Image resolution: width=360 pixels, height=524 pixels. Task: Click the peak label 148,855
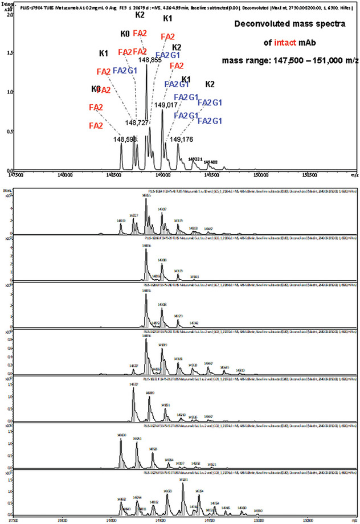[150, 59]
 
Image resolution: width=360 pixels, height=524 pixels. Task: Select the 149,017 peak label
[166, 105]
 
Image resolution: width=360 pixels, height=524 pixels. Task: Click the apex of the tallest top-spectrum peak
[146, 65]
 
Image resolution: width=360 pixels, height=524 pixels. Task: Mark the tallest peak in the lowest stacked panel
[183, 484]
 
